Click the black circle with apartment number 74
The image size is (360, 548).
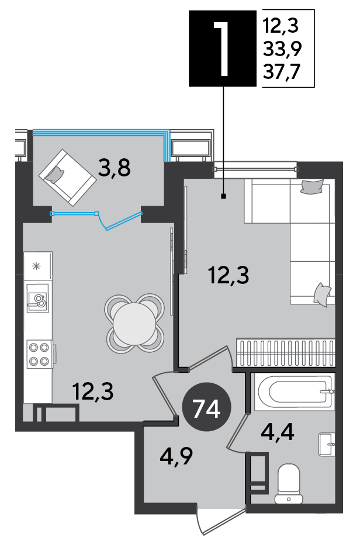(x=207, y=408)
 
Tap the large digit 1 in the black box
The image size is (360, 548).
(x=222, y=48)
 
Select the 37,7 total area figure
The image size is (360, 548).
(x=281, y=72)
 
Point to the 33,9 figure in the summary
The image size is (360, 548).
(x=282, y=49)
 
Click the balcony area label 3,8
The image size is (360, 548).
(x=115, y=168)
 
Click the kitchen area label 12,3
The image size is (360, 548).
(x=93, y=391)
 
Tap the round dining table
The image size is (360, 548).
(x=134, y=324)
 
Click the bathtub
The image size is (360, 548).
(x=293, y=391)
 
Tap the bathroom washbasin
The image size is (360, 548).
(x=327, y=444)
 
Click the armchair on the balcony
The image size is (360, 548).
(x=67, y=178)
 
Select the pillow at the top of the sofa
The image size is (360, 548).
(x=312, y=186)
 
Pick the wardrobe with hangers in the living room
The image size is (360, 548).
(x=286, y=352)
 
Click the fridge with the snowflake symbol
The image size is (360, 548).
(x=38, y=266)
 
